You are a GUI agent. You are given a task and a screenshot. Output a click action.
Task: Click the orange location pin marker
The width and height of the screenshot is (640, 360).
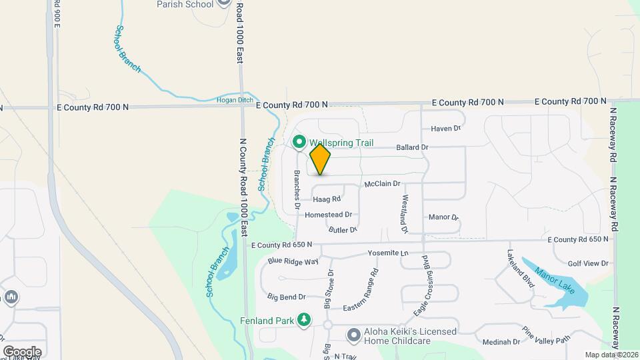pos(320,159)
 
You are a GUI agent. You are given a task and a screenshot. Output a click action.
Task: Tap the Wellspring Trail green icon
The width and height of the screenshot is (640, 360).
pos(299,142)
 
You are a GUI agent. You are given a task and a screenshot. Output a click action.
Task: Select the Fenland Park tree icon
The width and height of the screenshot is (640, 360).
pos(304,321)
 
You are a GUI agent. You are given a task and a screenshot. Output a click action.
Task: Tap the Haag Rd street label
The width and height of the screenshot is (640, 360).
pos(327,199)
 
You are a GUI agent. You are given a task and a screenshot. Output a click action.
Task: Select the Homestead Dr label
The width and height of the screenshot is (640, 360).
pos(328,215)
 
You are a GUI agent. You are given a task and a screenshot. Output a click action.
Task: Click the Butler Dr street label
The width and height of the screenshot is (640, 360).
pos(343,229)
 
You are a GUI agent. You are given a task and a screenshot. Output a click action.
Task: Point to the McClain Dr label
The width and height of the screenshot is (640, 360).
pos(382,183)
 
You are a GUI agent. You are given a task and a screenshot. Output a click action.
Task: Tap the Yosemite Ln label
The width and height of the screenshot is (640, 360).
pos(388,253)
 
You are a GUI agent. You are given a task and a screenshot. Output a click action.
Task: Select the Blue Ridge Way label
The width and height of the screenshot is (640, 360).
pos(293,261)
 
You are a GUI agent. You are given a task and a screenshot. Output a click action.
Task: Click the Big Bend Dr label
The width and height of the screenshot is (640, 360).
pos(286,297)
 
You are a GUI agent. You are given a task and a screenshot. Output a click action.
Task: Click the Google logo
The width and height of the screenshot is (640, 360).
pos(22,351)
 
